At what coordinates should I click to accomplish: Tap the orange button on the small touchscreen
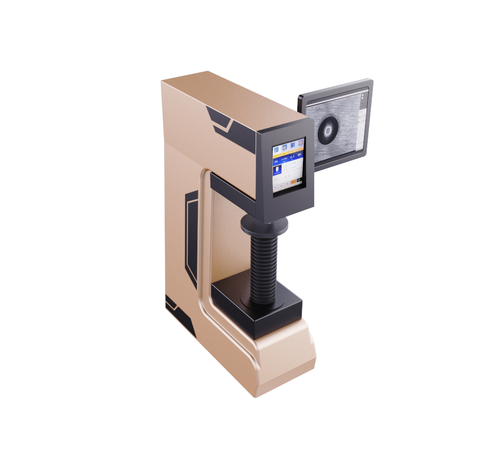tap(294, 182)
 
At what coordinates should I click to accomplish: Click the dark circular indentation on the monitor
tap(327, 130)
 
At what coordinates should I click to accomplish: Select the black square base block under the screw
tap(255, 306)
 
